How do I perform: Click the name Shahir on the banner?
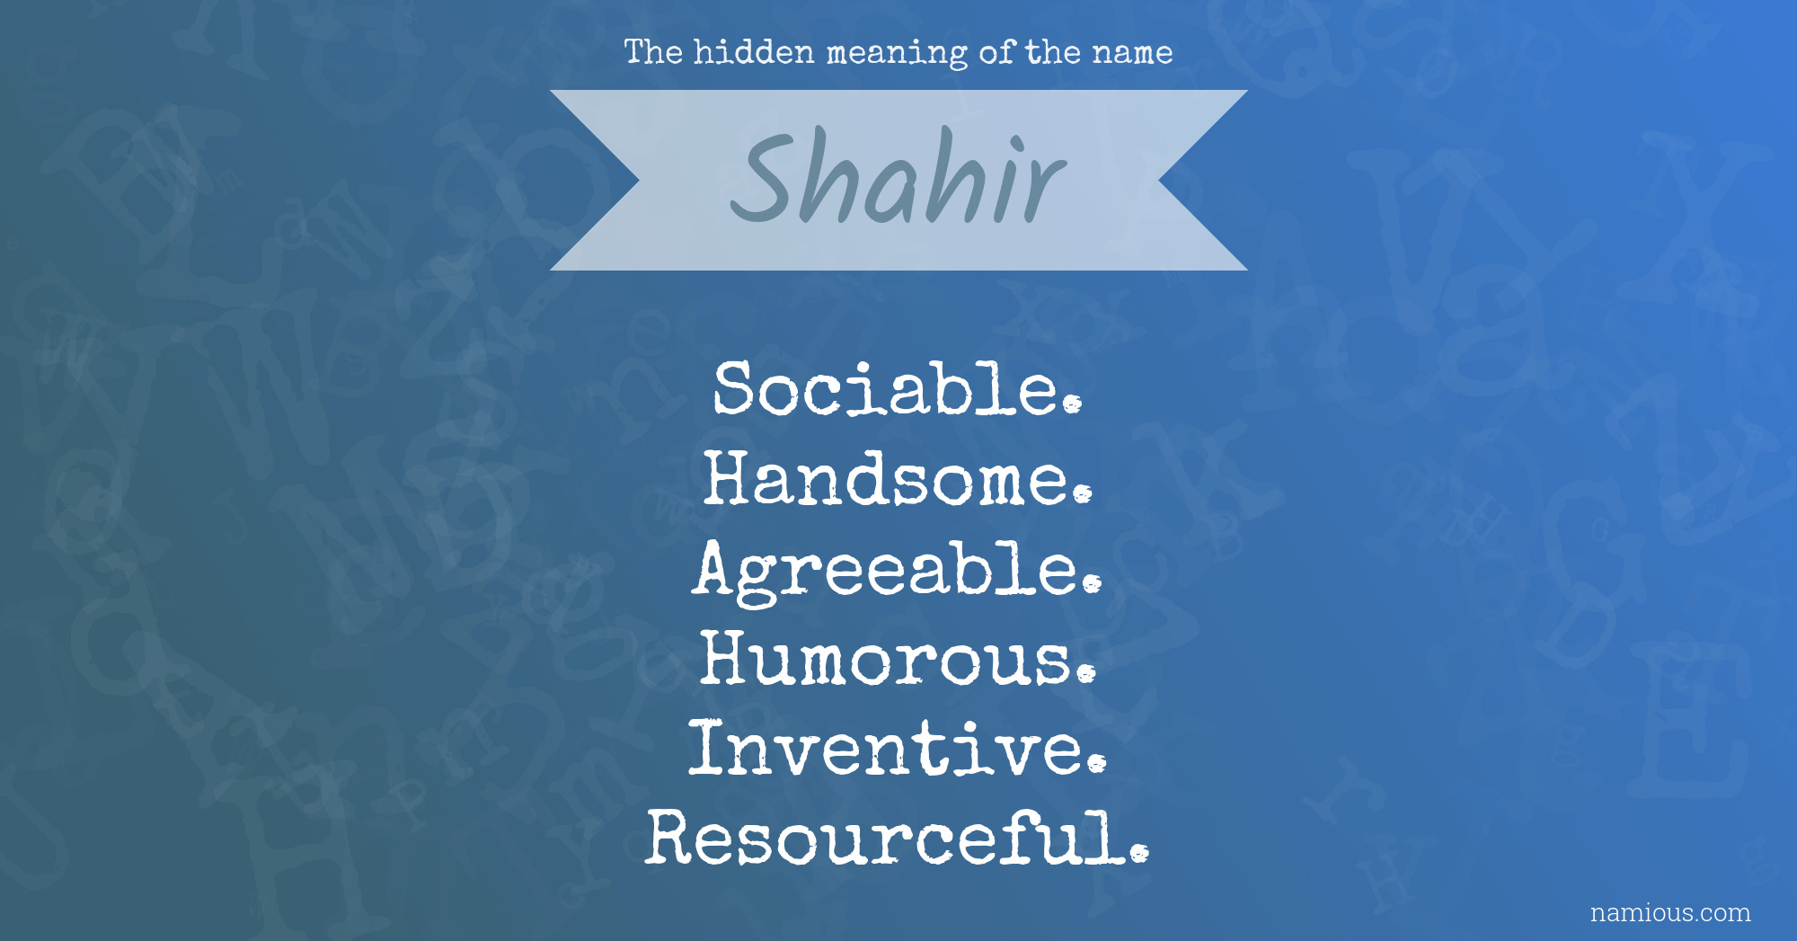898,176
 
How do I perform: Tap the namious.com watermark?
1670,912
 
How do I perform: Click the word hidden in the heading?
754,52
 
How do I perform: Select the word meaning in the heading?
897,54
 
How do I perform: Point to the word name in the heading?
1132,54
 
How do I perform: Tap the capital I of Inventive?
708,748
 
